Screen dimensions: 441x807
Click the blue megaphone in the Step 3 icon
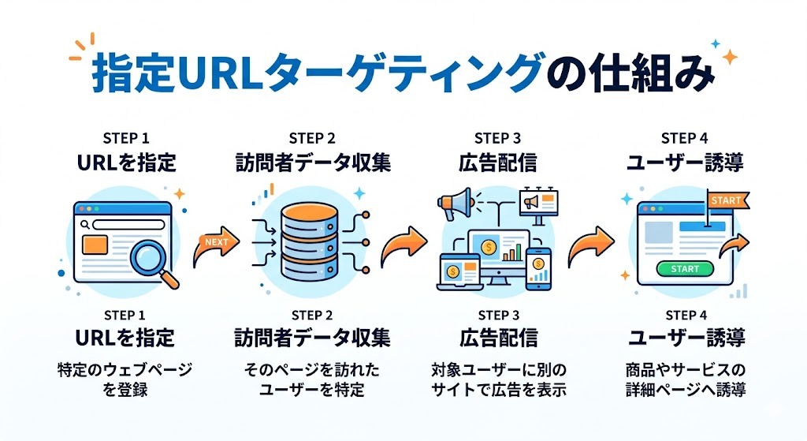(456, 205)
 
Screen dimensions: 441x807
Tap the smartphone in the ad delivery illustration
(539, 266)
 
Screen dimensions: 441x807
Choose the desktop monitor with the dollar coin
(496, 252)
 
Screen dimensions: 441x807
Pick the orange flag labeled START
(723, 200)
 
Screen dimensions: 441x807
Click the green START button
(684, 269)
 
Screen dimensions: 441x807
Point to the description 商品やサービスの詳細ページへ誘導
(685, 379)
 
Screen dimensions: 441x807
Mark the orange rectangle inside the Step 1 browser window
(95, 245)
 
